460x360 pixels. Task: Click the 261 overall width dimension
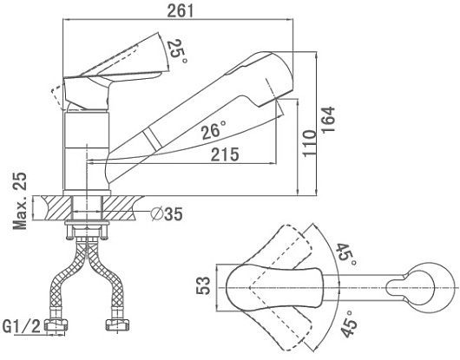pos(181,11)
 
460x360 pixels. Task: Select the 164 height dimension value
pos(328,120)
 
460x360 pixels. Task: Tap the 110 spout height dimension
pos(310,143)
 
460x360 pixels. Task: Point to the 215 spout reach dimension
pos(225,154)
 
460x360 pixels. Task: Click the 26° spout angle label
pos(214,130)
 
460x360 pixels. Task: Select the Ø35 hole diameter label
pos(167,213)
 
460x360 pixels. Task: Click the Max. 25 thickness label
pos(20,200)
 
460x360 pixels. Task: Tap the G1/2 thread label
pos(22,327)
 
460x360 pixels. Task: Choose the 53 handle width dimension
pos(203,285)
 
